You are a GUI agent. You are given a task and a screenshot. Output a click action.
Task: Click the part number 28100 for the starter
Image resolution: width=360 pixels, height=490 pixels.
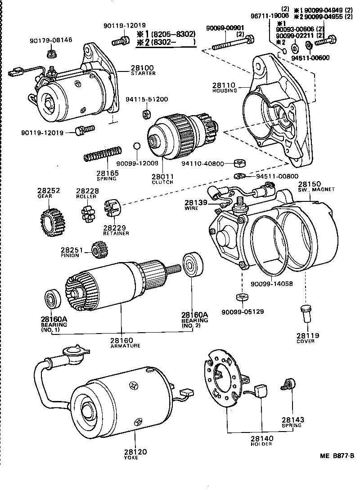pyautogui.click(x=142, y=68)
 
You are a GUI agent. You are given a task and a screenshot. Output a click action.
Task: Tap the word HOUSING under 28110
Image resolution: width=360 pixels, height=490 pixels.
pyautogui.click(x=224, y=91)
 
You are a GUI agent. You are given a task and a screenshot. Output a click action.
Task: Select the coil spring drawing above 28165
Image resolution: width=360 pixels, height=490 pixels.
pyautogui.click(x=103, y=154)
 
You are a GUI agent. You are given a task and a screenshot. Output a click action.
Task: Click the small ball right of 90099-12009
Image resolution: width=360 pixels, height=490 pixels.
pyautogui.click(x=137, y=147)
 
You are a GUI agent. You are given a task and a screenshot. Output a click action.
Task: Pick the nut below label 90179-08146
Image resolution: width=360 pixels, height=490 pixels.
pyautogui.click(x=50, y=55)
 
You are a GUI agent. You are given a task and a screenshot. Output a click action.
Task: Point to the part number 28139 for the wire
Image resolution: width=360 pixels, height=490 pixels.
pyautogui.click(x=195, y=204)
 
